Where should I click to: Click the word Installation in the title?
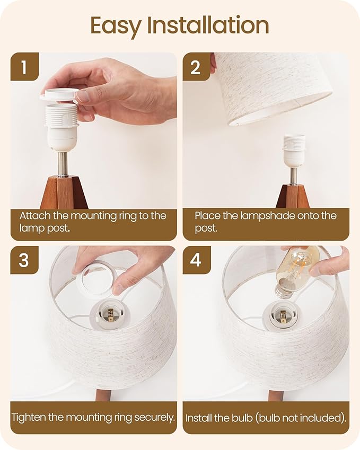(208, 25)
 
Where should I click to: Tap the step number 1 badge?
(24, 67)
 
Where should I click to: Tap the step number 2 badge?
(196, 67)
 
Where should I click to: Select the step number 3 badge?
(24, 260)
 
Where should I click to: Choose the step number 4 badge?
(196, 260)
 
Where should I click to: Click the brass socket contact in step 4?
(283, 317)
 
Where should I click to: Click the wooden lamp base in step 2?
(293, 196)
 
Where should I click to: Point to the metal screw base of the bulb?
(283, 292)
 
